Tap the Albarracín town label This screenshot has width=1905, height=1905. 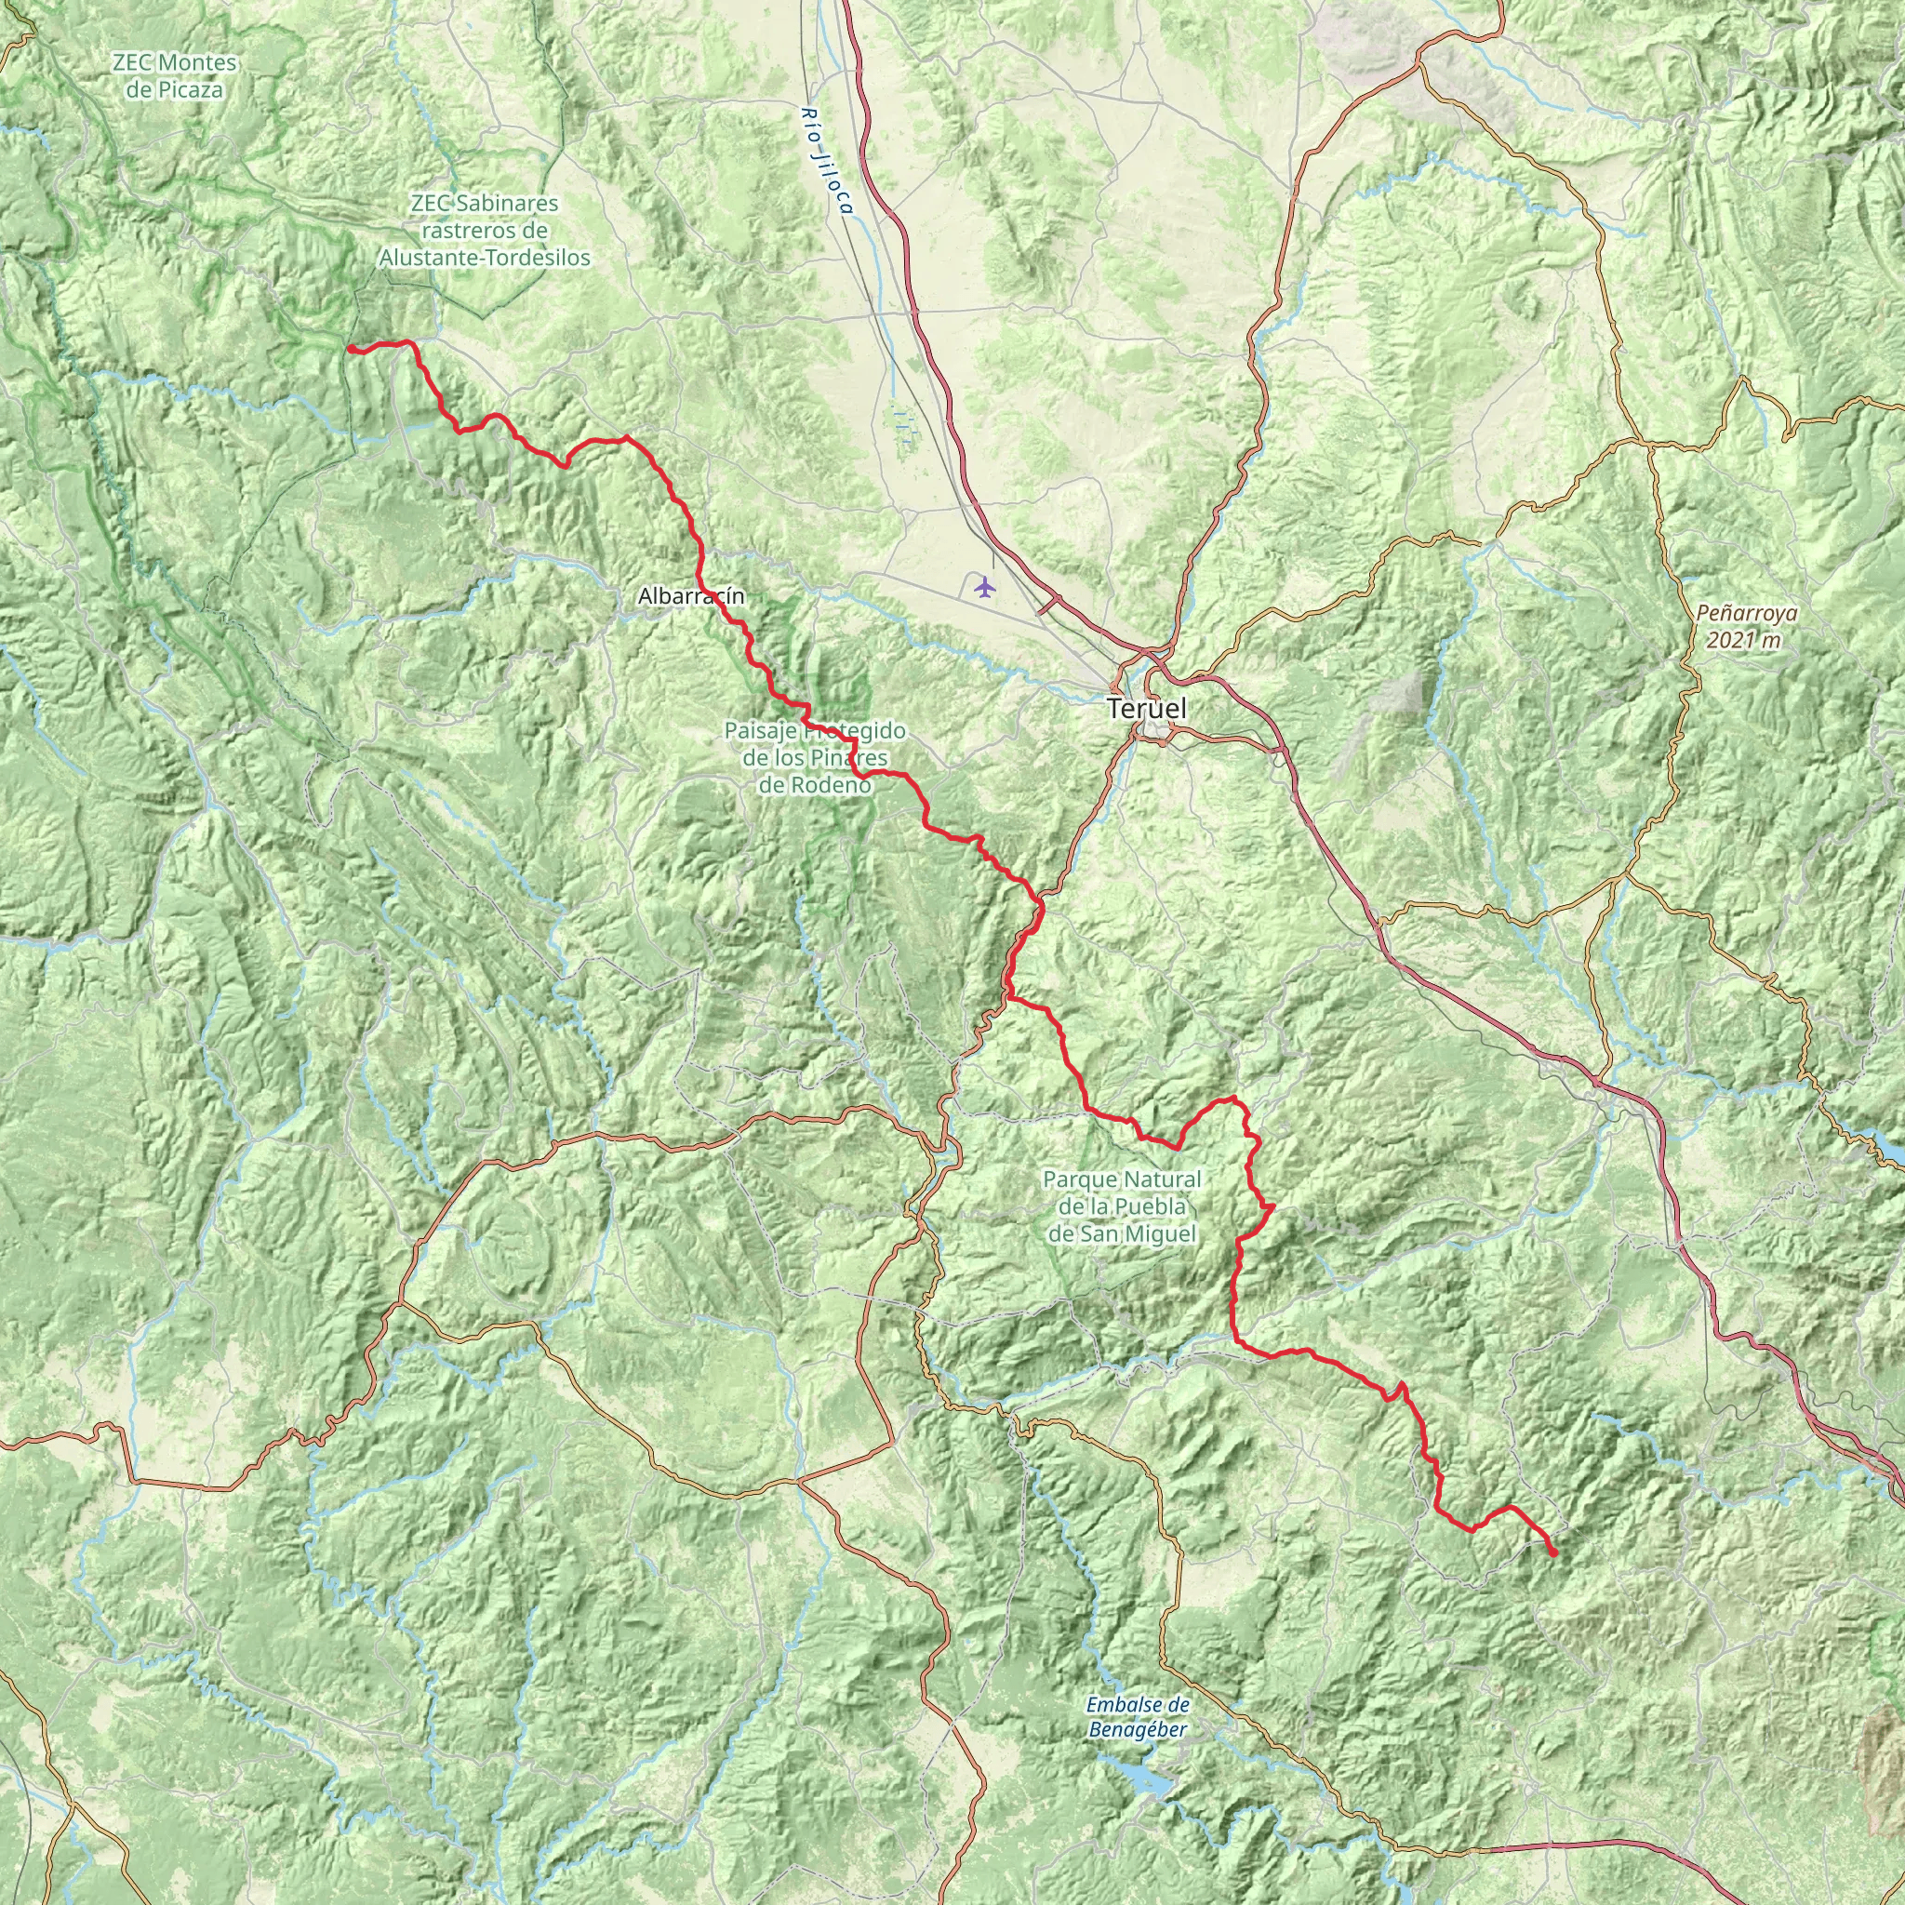coord(691,595)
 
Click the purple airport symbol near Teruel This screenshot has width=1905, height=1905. coord(984,589)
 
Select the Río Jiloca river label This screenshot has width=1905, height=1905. coord(826,163)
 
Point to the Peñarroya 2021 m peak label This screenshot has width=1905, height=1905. coord(1746,626)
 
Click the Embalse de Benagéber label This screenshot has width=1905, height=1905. coord(1139,1717)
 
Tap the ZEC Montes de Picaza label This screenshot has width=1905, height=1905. coord(175,76)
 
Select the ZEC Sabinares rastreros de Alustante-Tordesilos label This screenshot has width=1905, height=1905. coord(484,231)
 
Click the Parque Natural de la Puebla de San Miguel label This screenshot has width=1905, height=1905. coord(1122,1206)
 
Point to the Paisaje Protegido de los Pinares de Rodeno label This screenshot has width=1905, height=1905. coord(815,757)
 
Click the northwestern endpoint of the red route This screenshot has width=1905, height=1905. coord(351,348)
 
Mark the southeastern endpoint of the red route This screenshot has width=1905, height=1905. coord(1554,1554)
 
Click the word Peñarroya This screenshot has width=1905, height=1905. coord(1746,613)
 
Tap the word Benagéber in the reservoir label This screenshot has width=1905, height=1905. coord(1139,1729)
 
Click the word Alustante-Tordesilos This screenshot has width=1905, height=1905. coord(484,259)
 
